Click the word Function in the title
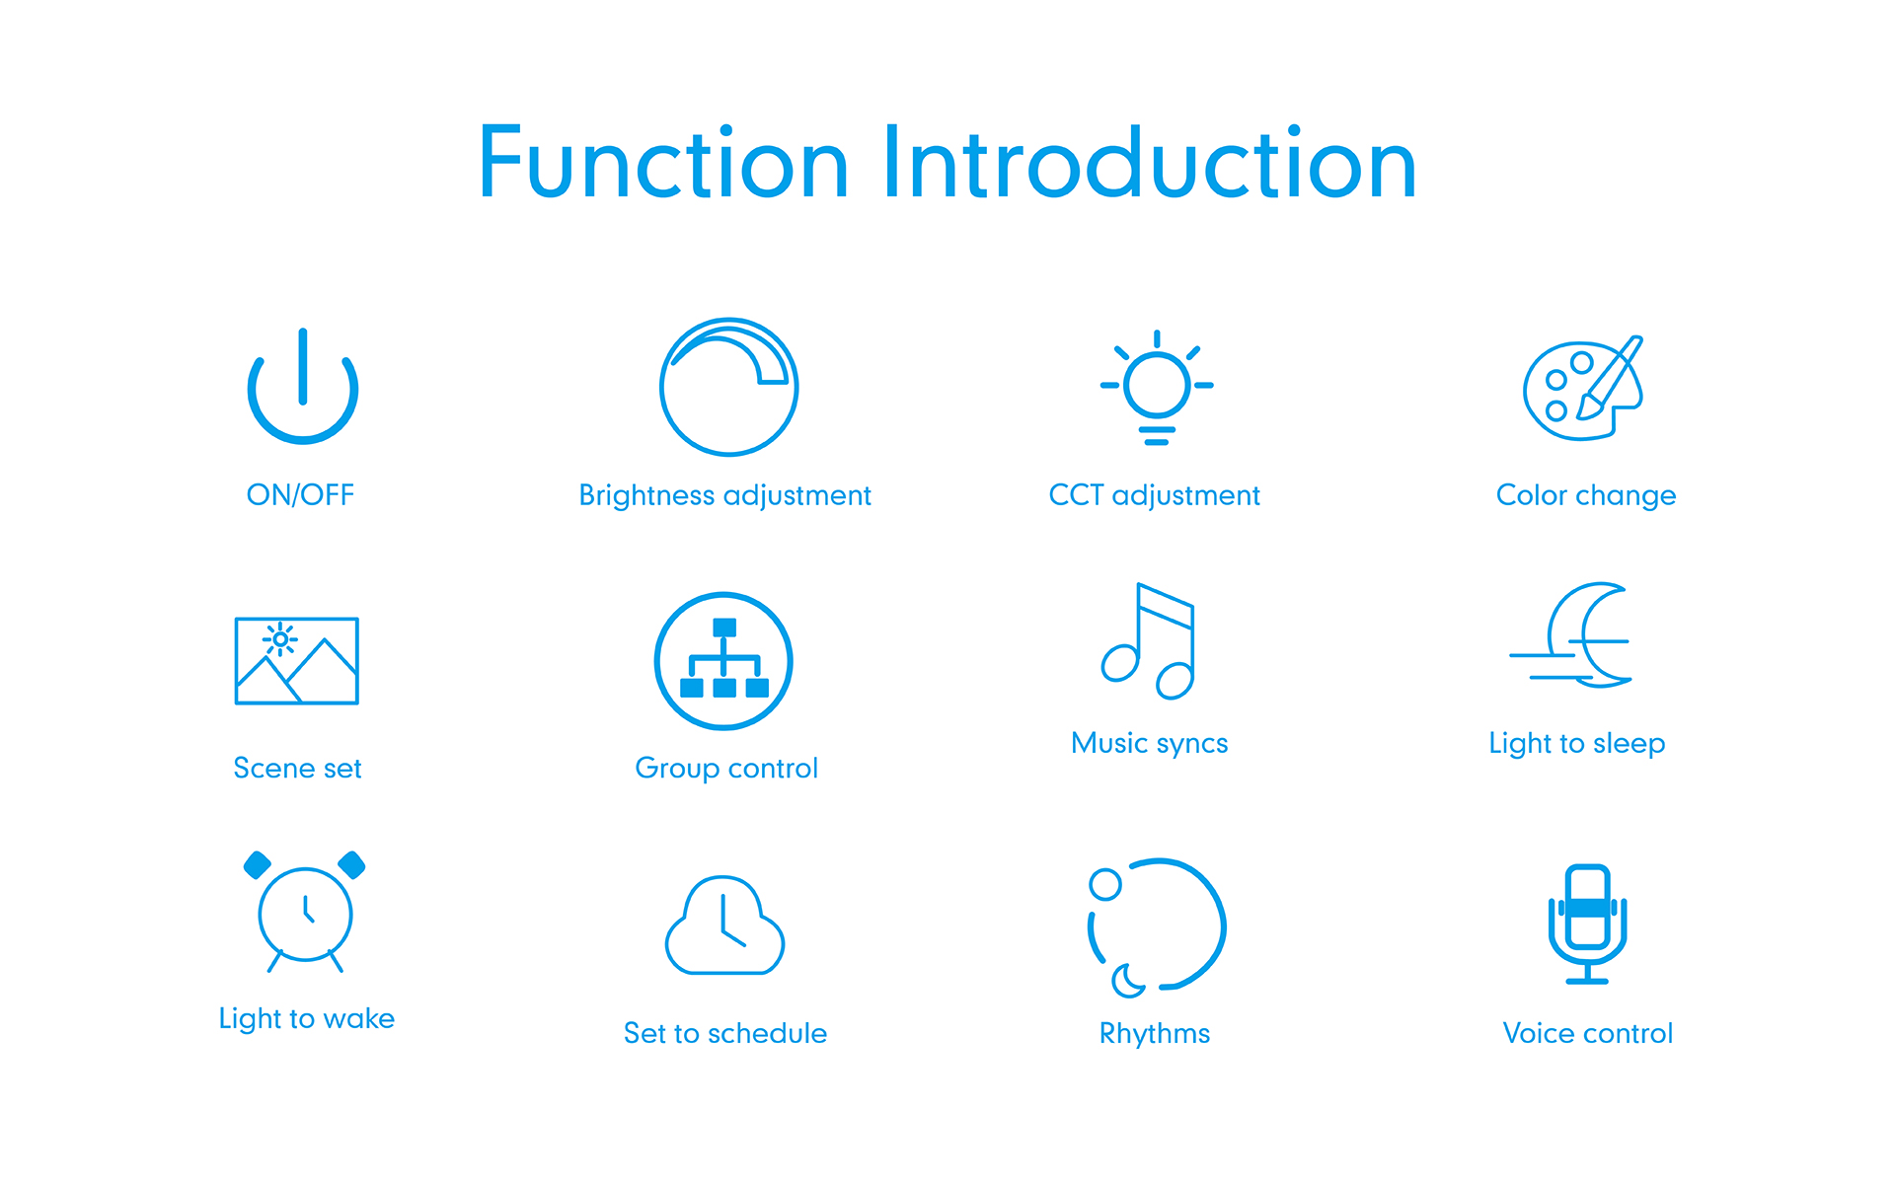tap(663, 162)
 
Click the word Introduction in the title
tap(1150, 162)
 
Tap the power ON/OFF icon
tap(303, 434)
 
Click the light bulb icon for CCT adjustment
tap(1157, 387)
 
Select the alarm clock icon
tap(305, 912)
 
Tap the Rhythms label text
tap(1155, 1034)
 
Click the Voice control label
tap(1587, 1033)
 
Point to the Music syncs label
tap(1150, 743)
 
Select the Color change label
tap(1586, 495)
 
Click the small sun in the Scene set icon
tap(280, 639)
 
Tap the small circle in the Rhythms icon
tap(1105, 884)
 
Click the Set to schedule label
tap(725, 1033)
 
